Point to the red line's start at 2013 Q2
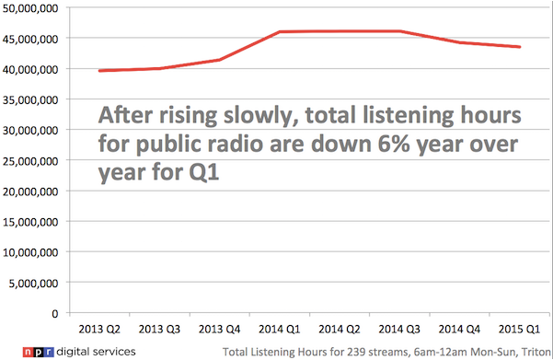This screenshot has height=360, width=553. coord(98,70)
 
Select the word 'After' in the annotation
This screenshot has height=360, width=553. coord(127,117)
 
